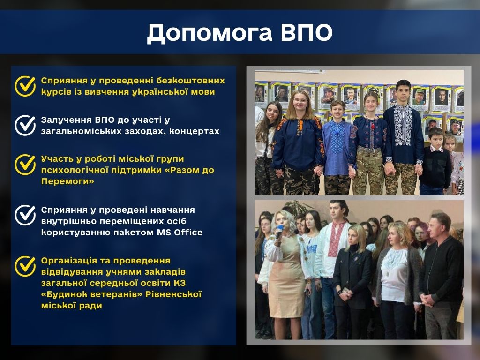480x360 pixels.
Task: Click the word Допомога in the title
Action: (x=210, y=32)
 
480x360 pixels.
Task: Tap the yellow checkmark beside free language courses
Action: (x=25, y=86)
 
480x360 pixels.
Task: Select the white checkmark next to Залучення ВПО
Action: (x=25, y=125)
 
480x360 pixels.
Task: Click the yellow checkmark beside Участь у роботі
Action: (x=25, y=165)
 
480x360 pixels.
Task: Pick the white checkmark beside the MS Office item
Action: (x=25, y=215)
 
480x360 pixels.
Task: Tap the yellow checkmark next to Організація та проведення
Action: (x=25, y=266)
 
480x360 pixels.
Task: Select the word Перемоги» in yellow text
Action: (x=67, y=181)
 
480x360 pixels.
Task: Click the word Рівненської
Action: (x=173, y=294)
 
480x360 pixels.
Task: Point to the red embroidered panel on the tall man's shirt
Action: (x=336, y=239)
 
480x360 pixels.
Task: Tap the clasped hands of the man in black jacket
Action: (x=427, y=300)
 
